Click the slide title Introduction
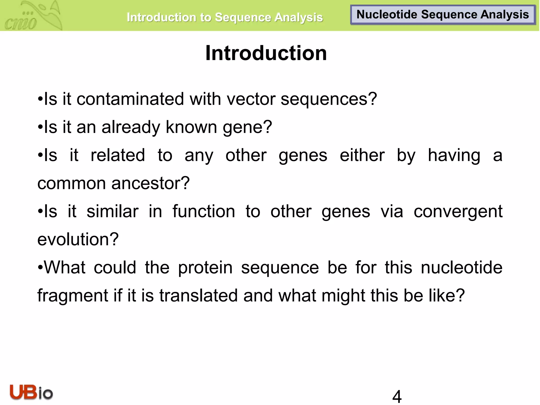[266, 53]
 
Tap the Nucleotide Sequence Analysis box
[443, 15]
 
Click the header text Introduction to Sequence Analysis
[225, 17]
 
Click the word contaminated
[130, 99]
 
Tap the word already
[131, 127]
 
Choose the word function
[204, 211]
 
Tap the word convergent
[458, 212]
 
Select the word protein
[205, 268]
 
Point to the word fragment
[73, 296]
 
